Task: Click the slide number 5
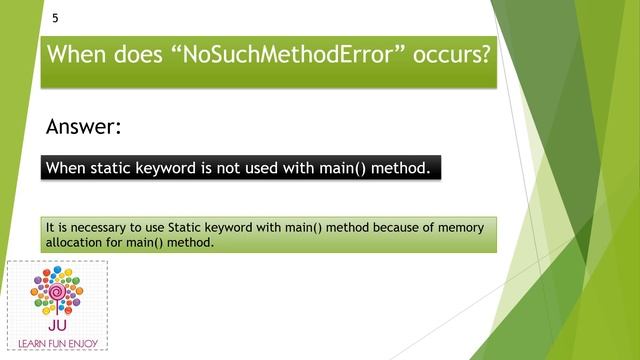click(x=54, y=18)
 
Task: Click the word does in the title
click(x=133, y=54)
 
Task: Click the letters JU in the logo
click(x=57, y=325)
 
